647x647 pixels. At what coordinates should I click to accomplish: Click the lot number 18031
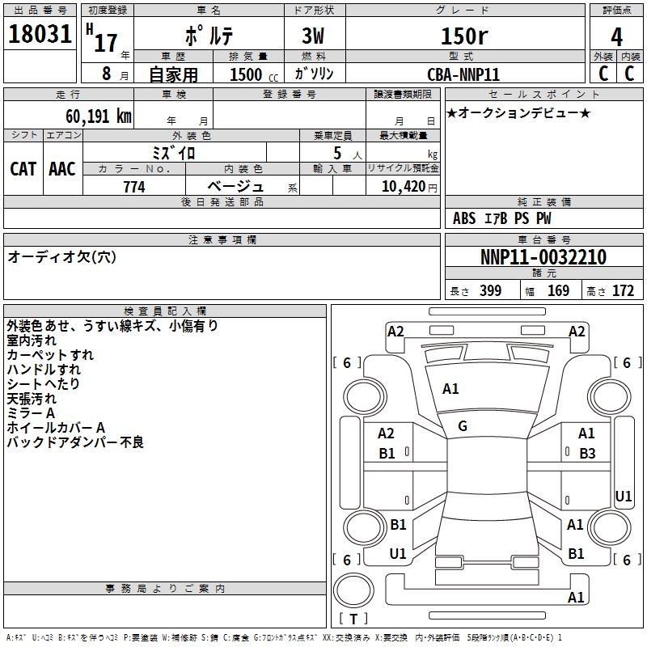tap(40, 34)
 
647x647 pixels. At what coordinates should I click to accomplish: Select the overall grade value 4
tap(616, 36)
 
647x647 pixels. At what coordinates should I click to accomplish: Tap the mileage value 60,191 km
tap(99, 116)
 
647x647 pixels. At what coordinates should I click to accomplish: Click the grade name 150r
tap(464, 36)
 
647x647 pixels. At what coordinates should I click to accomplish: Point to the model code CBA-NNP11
tap(463, 74)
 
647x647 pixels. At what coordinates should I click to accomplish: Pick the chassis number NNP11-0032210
tap(543, 257)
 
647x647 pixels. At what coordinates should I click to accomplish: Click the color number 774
tap(134, 187)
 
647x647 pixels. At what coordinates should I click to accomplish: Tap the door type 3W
tap(313, 36)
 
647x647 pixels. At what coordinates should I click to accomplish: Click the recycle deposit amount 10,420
tap(404, 187)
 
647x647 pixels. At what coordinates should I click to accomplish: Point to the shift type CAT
tap(23, 169)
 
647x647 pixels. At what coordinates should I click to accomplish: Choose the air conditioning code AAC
tap(62, 169)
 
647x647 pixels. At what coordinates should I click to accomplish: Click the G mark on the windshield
tap(463, 426)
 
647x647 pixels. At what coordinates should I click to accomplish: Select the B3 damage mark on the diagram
tap(587, 454)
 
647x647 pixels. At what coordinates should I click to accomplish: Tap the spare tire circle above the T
tap(353, 590)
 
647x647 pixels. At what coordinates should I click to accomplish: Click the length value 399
tap(491, 290)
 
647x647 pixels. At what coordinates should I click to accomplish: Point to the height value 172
tap(623, 290)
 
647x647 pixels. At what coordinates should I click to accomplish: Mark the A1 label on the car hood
tap(450, 389)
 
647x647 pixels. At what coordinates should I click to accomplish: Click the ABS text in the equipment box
tap(464, 218)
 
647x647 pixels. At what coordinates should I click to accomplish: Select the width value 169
tap(558, 290)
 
